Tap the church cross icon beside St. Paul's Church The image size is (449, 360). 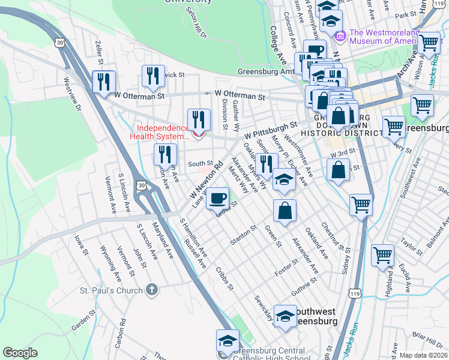coord(152,290)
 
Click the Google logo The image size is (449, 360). coord(20,353)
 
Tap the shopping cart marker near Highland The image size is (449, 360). coord(382,255)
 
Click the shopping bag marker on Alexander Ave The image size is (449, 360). coord(285,210)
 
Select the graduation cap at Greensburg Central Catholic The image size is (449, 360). coord(226,341)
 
